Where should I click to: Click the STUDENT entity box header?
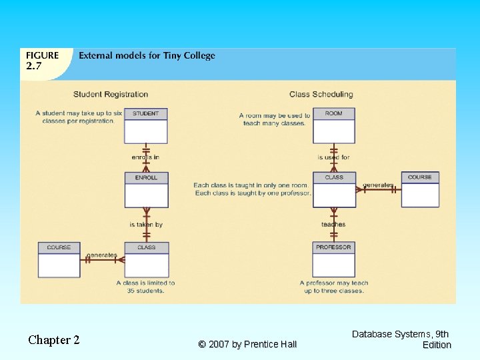[x=145, y=113]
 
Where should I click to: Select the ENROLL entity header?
[x=146, y=178]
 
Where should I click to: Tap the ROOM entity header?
[x=334, y=113]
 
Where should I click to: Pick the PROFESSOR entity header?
[x=334, y=247]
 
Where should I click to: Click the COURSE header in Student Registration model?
[x=59, y=247]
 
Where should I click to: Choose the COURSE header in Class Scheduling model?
[x=420, y=177]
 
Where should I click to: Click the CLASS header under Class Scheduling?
[x=334, y=177]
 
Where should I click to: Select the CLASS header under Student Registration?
[x=146, y=247]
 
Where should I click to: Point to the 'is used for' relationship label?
[x=333, y=157]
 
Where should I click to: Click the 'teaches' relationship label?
[x=333, y=225]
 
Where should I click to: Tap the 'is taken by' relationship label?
[x=146, y=225]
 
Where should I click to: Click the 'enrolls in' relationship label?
[x=145, y=157]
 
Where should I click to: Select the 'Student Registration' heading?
[x=111, y=95]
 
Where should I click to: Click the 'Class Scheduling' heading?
[x=321, y=95]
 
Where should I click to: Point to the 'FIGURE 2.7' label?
[x=42, y=61]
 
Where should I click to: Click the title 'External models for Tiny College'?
[x=147, y=56]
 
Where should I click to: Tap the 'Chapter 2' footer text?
[x=54, y=340]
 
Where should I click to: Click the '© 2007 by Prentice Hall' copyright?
[x=247, y=344]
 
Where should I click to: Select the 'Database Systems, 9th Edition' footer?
[x=401, y=339]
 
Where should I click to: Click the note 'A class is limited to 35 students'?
[x=145, y=287]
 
